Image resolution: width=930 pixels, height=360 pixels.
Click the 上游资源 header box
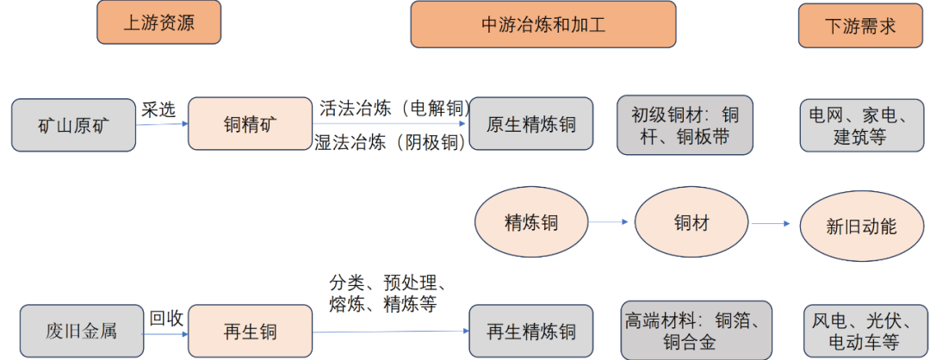tap(158, 22)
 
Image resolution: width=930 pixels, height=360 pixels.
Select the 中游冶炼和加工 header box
tap(542, 24)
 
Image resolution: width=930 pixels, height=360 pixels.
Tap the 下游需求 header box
tap(860, 26)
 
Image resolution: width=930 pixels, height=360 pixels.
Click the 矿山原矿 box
tap(74, 125)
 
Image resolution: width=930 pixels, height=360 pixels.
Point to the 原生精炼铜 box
tap(531, 124)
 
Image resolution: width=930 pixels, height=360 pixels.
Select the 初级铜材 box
tap(685, 126)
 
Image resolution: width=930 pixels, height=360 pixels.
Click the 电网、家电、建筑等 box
tap(859, 126)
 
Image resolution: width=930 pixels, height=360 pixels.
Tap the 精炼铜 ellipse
tap(531, 223)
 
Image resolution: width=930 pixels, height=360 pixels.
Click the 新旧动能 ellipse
tap(861, 227)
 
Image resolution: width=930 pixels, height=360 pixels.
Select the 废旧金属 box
tap(81, 331)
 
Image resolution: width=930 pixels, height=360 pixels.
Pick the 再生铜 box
tap(250, 331)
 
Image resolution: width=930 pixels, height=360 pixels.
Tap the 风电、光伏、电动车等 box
tap(861, 331)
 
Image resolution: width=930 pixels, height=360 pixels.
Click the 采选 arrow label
tap(158, 109)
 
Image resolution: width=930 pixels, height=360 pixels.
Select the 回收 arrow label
tap(166, 318)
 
